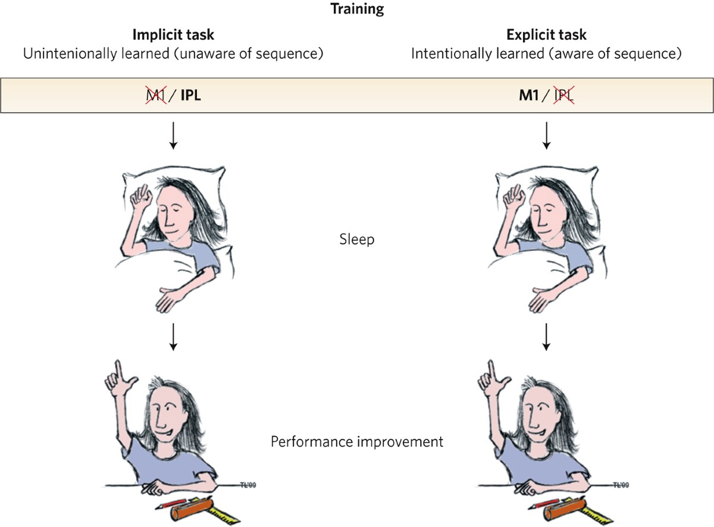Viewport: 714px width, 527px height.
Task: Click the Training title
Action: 357,10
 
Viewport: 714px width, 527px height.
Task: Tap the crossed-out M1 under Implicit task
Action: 154,95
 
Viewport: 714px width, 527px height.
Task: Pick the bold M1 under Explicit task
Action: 530,95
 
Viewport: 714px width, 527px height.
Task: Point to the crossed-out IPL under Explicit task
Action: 562,95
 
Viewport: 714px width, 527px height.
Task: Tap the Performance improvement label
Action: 357,443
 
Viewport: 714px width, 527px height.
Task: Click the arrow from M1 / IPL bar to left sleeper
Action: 173,136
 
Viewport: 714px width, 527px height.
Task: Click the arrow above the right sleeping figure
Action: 546,136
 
